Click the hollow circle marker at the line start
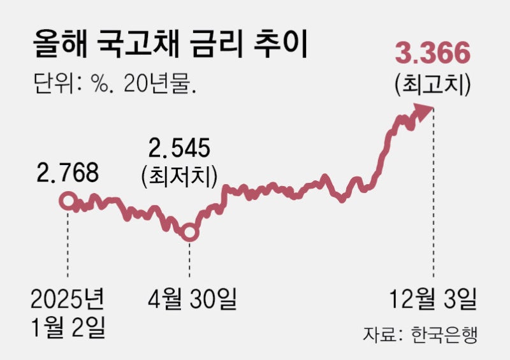(67, 201)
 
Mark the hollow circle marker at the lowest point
(189, 233)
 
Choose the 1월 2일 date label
(67, 328)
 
